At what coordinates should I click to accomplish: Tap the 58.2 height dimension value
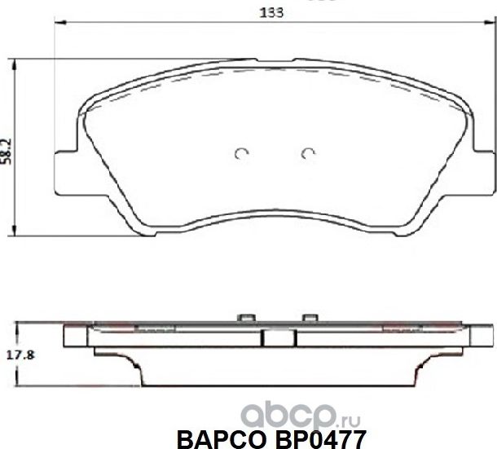7,150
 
